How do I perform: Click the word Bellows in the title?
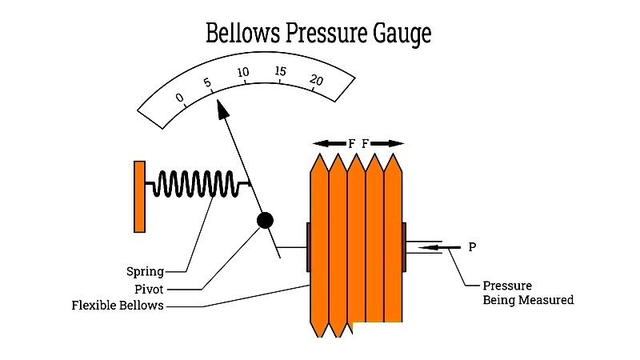tap(244, 34)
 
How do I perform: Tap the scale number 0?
tap(180, 99)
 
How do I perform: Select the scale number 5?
tap(207, 83)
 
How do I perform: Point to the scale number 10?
tap(243, 73)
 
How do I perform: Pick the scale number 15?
tap(280, 72)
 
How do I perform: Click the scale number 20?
tap(317, 80)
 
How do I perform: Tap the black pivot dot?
tap(264, 220)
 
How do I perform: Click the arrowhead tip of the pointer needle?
tap(218, 103)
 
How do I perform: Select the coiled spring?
tap(197, 184)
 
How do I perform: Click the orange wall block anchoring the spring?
tap(139, 197)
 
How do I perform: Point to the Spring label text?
tap(145, 271)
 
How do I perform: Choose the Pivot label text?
tap(148, 288)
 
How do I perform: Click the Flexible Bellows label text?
tap(117, 305)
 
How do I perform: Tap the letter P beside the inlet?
tap(472, 247)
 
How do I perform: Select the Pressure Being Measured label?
tap(528, 293)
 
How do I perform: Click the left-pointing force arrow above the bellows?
tap(329, 143)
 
